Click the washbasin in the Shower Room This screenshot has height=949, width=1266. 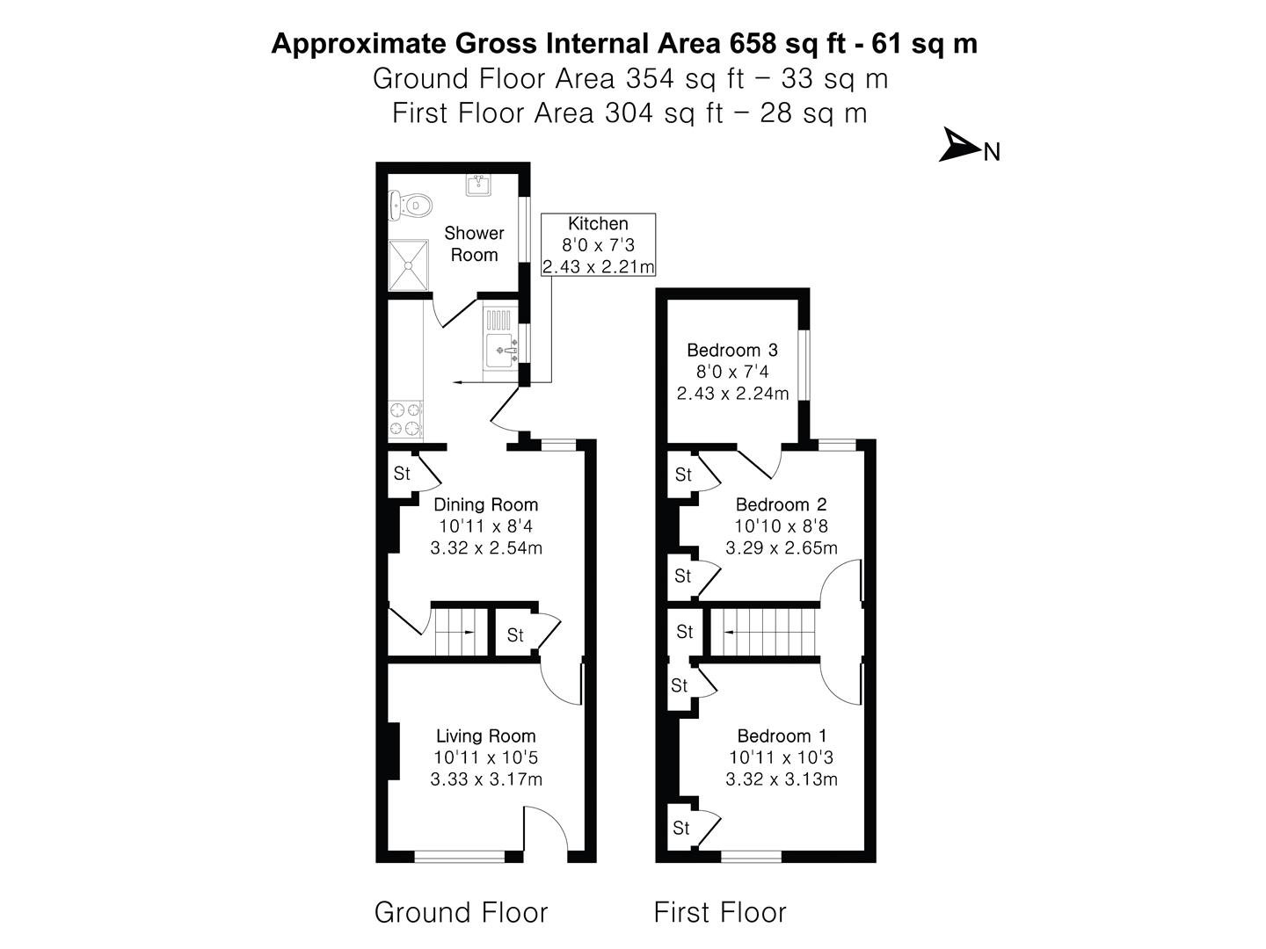479,185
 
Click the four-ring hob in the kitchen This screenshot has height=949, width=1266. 405,419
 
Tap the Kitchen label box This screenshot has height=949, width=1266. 598,245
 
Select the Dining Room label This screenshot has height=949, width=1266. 485,504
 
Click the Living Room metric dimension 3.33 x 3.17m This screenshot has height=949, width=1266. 485,779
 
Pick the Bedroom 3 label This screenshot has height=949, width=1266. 732,350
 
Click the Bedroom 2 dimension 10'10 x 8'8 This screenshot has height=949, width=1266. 781,526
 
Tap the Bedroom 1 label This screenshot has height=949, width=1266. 781,735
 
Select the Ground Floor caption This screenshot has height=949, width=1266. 461,912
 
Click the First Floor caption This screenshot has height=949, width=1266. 719,912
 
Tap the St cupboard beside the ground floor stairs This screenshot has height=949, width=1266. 515,634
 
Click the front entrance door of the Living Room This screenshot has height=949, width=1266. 547,830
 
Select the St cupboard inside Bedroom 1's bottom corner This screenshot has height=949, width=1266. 680,828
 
